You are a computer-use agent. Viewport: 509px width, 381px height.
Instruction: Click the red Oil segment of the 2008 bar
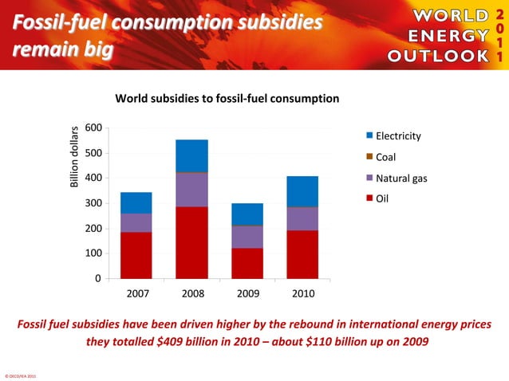[191, 242]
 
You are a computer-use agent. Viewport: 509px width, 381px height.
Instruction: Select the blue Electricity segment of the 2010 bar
[302, 191]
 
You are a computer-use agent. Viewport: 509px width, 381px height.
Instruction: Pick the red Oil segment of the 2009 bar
[247, 263]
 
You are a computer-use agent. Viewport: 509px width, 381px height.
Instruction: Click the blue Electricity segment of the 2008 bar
[191, 155]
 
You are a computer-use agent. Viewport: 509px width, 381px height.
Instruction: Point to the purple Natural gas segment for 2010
[302, 218]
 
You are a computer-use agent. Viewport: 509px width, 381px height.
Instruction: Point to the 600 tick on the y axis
[93, 128]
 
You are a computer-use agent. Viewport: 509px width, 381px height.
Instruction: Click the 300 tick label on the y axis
[93, 203]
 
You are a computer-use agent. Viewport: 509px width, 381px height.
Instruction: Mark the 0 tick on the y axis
[98, 278]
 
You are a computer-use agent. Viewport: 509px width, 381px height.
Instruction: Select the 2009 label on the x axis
[247, 293]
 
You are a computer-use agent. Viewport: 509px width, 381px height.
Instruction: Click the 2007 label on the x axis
[137, 293]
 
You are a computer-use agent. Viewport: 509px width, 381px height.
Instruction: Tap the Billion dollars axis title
[73, 157]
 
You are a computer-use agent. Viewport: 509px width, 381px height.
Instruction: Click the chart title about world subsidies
[227, 99]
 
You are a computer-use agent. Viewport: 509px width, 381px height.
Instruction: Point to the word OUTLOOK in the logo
[437, 56]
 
